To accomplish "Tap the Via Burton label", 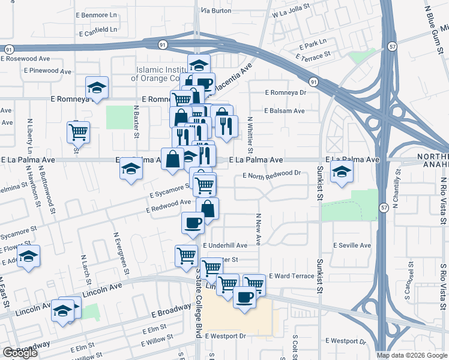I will point(216,11).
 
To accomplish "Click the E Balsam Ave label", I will point(285,111).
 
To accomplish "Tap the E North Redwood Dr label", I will point(271,174).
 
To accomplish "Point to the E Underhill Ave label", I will point(225,246).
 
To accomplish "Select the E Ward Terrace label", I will point(292,276).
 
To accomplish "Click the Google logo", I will point(20,353).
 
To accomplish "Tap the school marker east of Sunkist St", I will point(342,172).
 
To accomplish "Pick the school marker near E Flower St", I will point(28,256).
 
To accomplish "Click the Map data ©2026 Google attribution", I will point(411,355).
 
